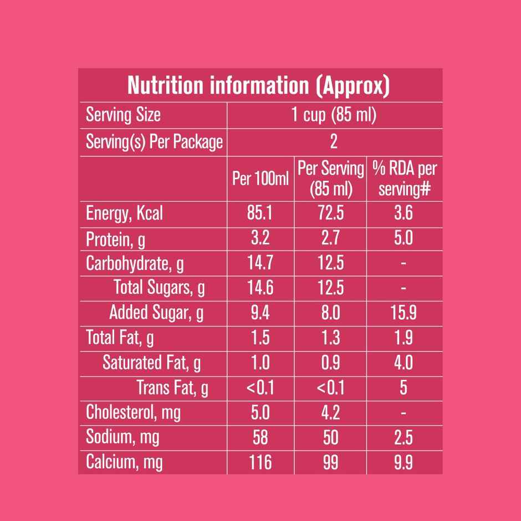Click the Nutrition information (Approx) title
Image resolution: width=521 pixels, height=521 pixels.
(259, 85)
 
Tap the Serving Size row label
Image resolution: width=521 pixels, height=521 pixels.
(123, 115)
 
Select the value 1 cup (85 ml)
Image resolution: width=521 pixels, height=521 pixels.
(334, 115)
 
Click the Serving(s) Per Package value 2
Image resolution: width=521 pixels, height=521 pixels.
(334, 142)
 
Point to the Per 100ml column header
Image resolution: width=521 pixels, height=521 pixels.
(260, 179)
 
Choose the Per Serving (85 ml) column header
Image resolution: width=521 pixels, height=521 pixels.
(331, 178)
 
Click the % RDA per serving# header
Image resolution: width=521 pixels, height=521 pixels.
(404, 178)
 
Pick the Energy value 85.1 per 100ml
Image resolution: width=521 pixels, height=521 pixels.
(260, 213)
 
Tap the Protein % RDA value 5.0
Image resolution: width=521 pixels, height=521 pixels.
(403, 238)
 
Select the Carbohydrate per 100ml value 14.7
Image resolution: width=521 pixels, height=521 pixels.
(260, 263)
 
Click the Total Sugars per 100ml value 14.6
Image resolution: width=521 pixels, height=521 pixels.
(260, 288)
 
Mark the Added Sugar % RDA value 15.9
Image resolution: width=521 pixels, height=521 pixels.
(403, 313)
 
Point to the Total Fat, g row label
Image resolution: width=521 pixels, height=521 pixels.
(120, 338)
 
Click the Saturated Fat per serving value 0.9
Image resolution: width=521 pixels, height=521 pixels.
(331, 362)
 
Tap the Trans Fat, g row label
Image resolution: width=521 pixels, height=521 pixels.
(172, 388)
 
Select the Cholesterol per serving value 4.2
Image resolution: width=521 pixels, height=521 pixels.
(331, 412)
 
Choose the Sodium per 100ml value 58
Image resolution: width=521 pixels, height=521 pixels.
(260, 437)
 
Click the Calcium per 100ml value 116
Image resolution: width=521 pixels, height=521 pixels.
(260, 462)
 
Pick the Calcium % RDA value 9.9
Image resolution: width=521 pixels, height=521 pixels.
(403, 462)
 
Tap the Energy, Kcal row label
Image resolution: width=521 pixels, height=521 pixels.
(124, 213)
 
